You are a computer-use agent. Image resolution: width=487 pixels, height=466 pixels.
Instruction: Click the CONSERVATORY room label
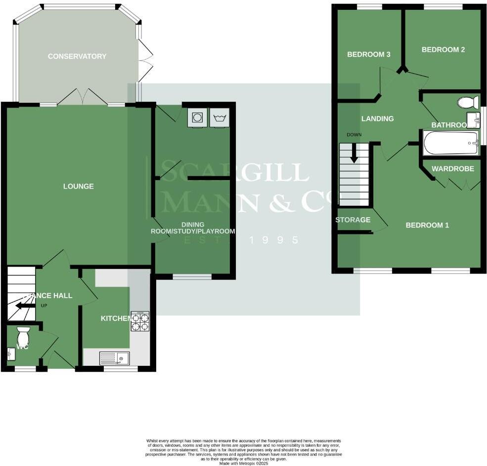click(77, 56)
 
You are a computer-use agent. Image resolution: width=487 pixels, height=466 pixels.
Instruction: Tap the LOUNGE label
click(79, 186)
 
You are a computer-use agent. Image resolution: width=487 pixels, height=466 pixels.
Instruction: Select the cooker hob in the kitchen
click(140, 321)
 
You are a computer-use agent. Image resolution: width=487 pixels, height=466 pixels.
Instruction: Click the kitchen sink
click(114, 358)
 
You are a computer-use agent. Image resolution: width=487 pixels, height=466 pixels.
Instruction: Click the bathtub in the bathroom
click(450, 143)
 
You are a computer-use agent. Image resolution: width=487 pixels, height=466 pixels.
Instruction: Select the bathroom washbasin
click(473, 120)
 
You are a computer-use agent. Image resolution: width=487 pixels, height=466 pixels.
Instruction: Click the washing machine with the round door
click(197, 117)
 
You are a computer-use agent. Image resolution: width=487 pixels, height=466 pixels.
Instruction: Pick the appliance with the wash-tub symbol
click(220, 118)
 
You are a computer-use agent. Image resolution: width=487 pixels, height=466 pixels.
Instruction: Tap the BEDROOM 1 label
click(427, 225)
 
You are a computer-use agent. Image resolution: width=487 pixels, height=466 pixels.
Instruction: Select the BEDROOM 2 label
click(443, 49)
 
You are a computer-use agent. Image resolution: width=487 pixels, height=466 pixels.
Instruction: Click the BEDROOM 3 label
click(369, 54)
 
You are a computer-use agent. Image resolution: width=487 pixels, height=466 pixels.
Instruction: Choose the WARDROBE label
click(453, 169)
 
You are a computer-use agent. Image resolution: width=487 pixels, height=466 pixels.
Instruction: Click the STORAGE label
click(353, 220)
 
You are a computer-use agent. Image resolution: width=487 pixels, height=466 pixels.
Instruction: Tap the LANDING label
click(377, 118)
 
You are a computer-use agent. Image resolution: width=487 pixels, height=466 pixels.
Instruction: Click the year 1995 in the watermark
click(274, 240)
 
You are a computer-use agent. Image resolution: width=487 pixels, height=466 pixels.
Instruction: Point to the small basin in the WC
click(11, 353)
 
